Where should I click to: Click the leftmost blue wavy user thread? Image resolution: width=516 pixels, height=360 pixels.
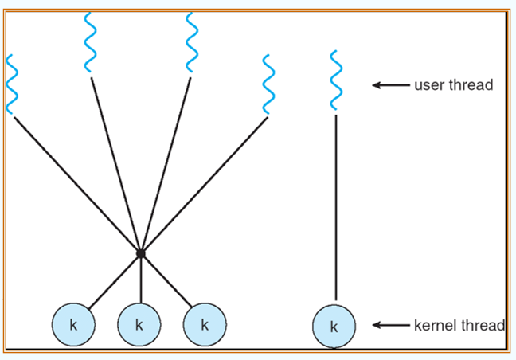click(x=12, y=84)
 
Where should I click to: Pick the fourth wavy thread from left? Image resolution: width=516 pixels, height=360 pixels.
click(x=268, y=84)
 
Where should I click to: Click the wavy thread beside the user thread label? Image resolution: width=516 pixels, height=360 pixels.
click(x=336, y=80)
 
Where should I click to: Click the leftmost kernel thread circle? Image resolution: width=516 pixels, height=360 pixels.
click(x=73, y=325)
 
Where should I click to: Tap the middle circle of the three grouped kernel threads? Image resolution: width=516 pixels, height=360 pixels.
click(x=139, y=325)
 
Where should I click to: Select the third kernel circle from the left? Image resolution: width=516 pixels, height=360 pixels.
click(x=205, y=325)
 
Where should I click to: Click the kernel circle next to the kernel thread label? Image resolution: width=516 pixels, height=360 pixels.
click(x=334, y=326)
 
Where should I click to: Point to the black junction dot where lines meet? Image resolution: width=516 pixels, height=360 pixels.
click(x=140, y=253)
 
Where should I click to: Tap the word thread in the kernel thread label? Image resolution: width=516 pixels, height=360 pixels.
click(x=482, y=325)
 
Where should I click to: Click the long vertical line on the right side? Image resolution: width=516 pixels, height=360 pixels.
click(x=335, y=207)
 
